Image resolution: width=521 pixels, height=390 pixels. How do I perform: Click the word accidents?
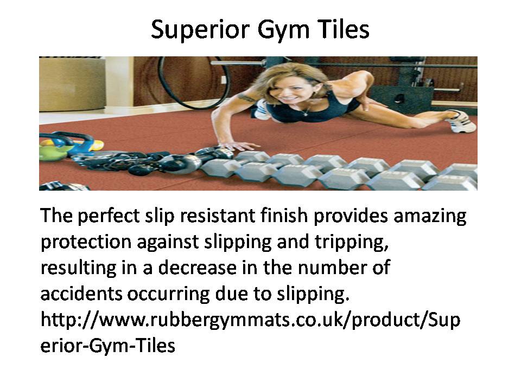pos(81,294)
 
